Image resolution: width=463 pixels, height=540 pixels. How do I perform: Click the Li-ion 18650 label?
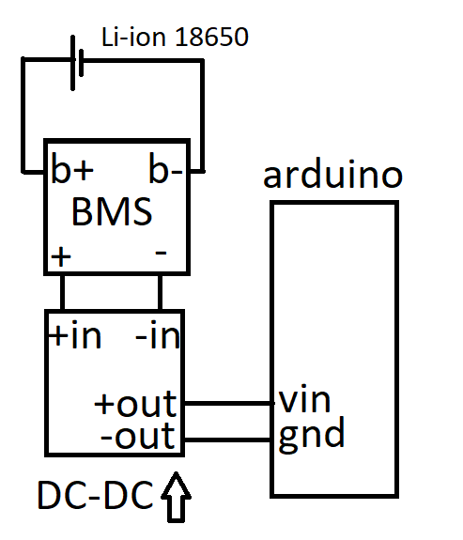pos(175,37)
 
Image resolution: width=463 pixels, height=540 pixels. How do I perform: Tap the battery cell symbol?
pos(76,63)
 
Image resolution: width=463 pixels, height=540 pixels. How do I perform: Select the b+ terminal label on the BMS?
pos(72,168)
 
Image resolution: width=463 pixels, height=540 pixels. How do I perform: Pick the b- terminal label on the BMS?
pos(165,168)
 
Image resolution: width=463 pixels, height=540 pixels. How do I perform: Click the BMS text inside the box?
pos(112,211)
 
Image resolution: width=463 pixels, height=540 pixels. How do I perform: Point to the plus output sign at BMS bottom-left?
pos(61,256)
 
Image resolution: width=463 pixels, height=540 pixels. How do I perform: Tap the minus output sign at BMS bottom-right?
pos(161,254)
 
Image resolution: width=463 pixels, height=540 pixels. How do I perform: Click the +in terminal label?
pos(75,334)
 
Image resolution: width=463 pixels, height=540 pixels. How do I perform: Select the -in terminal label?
pos(158,334)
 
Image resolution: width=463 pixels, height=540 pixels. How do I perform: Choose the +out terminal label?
pos(135,403)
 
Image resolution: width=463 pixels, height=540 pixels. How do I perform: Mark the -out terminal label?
pos(138,436)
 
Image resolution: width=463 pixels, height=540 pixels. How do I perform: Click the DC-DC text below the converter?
pos(95,495)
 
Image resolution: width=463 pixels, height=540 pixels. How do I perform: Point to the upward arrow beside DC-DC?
pos(176,497)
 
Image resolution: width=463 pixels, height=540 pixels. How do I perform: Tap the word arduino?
pos(332,175)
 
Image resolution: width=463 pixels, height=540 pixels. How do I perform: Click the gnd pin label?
pos(312,435)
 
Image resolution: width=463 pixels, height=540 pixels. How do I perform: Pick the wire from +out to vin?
pos(228,403)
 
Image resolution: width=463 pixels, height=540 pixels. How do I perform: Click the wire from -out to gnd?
pos(227,440)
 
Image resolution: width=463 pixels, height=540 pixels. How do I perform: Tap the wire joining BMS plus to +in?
pos(62,292)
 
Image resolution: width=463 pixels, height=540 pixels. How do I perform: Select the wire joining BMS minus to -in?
pos(161,292)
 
